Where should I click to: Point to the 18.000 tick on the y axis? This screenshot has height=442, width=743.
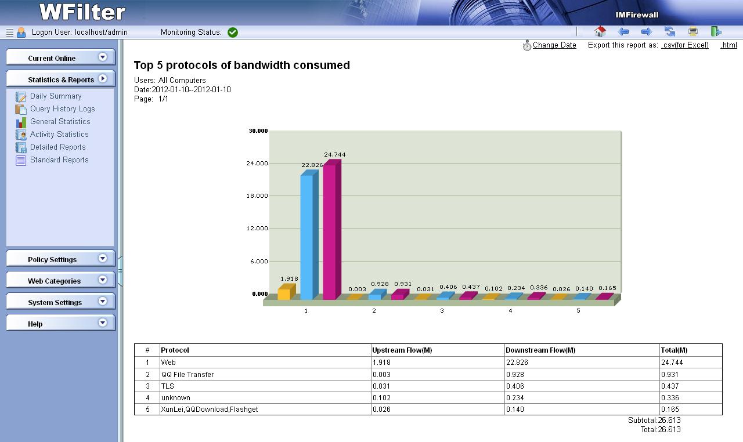257,196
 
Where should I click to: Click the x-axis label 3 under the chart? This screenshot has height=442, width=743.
442,311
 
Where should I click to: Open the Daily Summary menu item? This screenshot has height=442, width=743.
56,96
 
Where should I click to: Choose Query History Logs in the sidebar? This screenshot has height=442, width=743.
62,109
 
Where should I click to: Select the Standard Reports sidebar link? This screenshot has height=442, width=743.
59,160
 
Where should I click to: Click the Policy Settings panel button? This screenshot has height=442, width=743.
60,259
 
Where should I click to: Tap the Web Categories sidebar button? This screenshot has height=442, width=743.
60,281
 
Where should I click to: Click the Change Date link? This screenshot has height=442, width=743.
554,45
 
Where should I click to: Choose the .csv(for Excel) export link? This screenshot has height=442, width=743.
685,45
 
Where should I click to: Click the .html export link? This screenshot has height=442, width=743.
728,45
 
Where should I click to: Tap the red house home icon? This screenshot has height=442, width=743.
600,32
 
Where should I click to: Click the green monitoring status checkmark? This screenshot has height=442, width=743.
233,32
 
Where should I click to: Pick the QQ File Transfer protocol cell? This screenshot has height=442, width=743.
187,375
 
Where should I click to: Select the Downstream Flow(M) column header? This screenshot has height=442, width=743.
540,350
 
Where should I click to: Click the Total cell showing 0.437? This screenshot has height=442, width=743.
670,386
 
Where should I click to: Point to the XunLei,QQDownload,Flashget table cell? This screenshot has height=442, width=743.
210,410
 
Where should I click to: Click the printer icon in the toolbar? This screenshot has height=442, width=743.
692,32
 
